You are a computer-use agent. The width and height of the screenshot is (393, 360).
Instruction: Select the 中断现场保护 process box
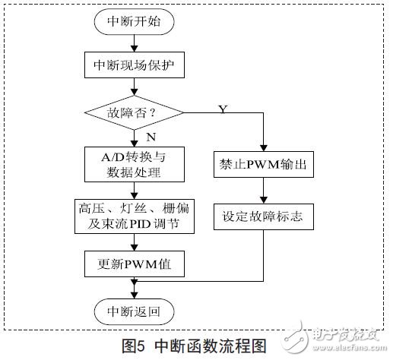[135, 67]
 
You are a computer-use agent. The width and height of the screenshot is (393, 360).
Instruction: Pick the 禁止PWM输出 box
[263, 165]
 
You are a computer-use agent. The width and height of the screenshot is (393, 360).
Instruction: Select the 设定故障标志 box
[263, 216]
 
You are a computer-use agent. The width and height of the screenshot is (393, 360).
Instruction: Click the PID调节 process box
[134, 216]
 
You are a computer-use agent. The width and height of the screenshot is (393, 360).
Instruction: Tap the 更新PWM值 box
[134, 263]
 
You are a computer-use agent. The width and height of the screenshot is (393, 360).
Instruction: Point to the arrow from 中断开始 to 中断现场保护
[134, 44]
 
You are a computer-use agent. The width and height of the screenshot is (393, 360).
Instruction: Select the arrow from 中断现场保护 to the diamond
[134, 89]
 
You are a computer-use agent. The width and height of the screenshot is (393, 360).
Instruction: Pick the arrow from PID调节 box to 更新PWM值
[134, 241]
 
